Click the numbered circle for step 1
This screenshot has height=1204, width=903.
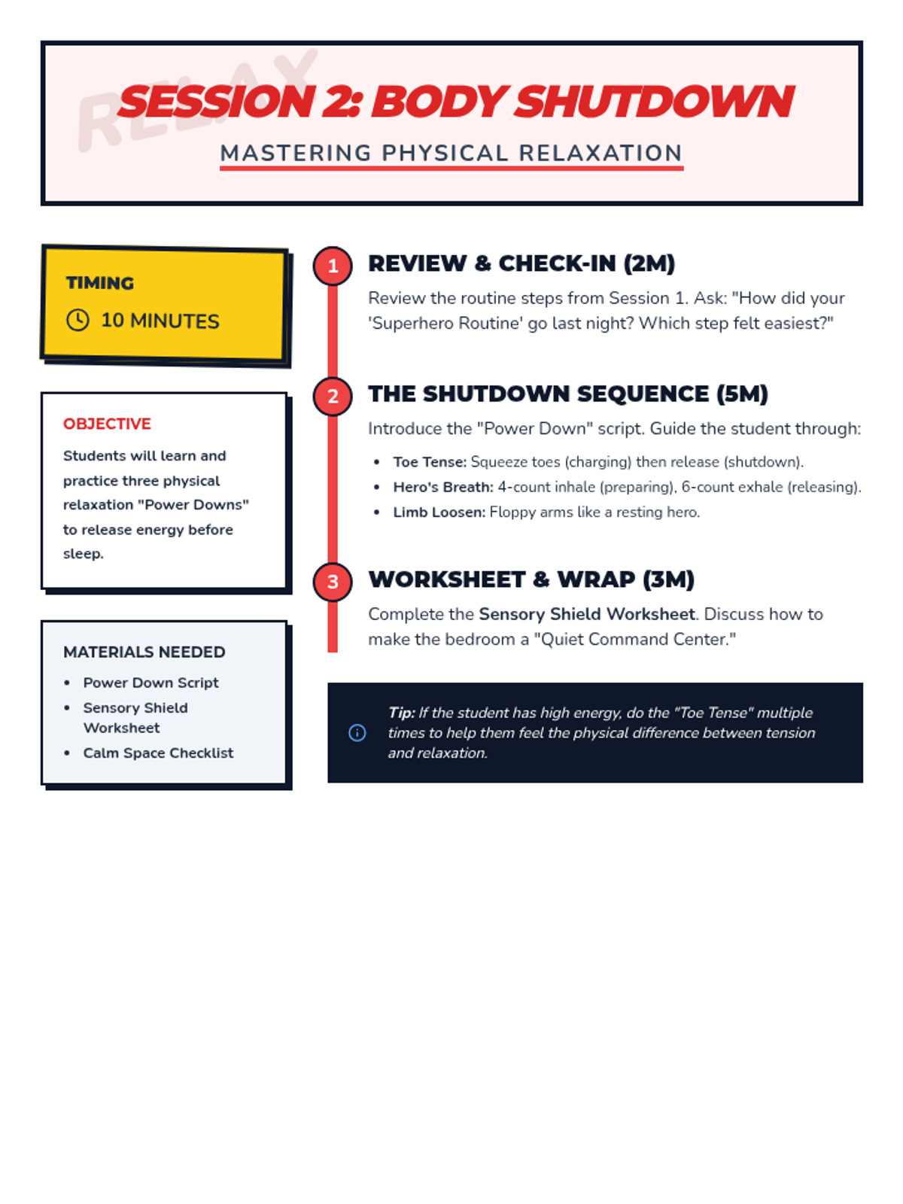click(x=333, y=266)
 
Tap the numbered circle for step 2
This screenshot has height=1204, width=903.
click(x=333, y=397)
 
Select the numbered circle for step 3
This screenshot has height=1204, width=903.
click(x=333, y=582)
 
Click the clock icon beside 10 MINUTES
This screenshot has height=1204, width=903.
click(x=78, y=321)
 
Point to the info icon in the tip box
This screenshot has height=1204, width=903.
click(x=357, y=733)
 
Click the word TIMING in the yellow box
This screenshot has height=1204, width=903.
click(x=100, y=284)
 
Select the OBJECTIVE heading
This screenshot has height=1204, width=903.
click(x=107, y=424)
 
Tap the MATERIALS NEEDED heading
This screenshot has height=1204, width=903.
click(x=144, y=652)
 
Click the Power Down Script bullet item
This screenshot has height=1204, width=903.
click(x=150, y=683)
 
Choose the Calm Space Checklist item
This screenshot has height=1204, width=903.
click(x=158, y=753)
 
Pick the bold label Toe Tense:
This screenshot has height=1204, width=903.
click(x=430, y=462)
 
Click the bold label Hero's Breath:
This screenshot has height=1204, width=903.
click(x=442, y=488)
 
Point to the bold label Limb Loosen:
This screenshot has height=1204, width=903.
click(x=439, y=512)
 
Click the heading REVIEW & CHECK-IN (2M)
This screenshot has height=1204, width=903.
click(x=521, y=264)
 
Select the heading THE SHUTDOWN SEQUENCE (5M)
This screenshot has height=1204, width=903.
click(x=567, y=394)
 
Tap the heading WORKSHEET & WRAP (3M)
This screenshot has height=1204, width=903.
click(x=531, y=580)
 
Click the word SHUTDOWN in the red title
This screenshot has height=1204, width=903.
click(x=653, y=102)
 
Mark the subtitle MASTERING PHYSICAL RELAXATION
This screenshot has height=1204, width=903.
click(x=451, y=154)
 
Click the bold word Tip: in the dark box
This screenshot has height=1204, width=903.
click(x=402, y=713)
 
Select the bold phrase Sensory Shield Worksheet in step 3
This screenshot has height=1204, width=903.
click(x=586, y=615)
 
